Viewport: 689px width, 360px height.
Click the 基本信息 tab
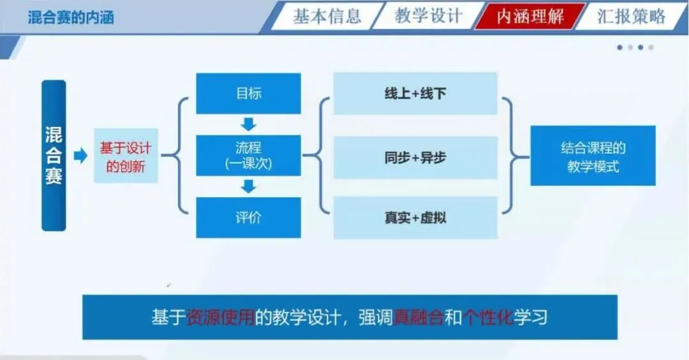[x=327, y=16]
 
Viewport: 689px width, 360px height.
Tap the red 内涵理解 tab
[x=530, y=16]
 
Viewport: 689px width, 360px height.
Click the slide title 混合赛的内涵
[x=71, y=17]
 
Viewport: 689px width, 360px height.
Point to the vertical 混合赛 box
[x=54, y=155]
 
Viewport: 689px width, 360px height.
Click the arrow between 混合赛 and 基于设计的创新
[x=80, y=155]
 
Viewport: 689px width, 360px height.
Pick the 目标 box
[x=248, y=93]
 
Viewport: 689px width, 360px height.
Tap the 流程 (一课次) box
[x=248, y=155]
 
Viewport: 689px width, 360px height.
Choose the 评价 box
[x=248, y=217]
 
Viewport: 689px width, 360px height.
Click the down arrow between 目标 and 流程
[x=248, y=124]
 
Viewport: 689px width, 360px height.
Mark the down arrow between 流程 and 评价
[x=248, y=186]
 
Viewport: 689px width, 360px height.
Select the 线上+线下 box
[x=415, y=94]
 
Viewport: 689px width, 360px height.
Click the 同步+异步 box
[x=415, y=158]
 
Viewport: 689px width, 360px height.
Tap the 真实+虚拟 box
[x=415, y=218]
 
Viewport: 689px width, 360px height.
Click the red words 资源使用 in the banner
[x=221, y=317]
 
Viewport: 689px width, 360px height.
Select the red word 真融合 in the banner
[x=419, y=317]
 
